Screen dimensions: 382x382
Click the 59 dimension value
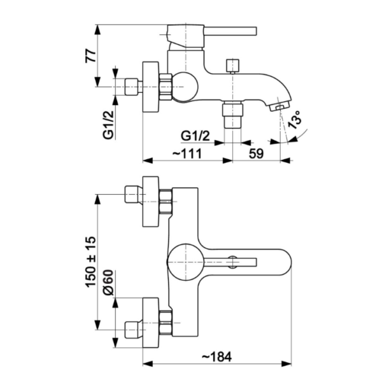(255, 153)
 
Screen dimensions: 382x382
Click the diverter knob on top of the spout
(234, 65)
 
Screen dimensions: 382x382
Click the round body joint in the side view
(184, 85)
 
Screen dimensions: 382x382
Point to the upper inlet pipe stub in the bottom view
(133, 192)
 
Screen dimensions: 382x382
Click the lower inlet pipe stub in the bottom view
(133, 329)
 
